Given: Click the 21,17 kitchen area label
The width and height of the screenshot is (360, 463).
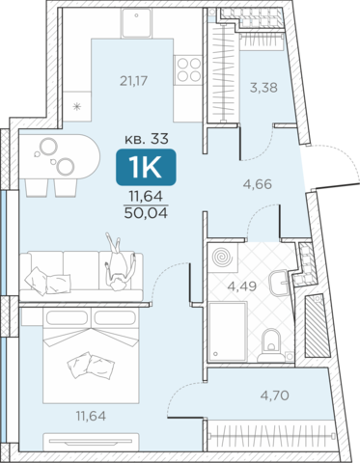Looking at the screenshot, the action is coord(133,81).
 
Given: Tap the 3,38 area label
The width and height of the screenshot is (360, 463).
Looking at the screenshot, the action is coord(263,88).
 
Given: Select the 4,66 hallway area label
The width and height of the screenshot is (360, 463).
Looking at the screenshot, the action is coord(258,184).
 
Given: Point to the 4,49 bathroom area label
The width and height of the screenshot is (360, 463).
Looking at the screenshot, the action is coord(242,286).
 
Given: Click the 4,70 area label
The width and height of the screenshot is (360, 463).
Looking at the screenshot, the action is coord(274,395).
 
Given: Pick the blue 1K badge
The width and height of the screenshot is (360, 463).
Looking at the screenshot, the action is coord(146,168).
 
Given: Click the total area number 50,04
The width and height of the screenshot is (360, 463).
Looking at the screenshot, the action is coord(146,213).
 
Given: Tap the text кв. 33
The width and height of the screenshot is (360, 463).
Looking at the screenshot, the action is coord(147,139).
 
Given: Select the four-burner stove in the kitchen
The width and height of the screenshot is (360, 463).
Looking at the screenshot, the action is coord(188,70).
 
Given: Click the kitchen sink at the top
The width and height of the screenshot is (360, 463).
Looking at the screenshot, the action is coord(136,22).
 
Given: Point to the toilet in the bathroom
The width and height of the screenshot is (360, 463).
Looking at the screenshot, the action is coord(271,345).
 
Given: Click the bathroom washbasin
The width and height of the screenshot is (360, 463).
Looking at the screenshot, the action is coord(280,283).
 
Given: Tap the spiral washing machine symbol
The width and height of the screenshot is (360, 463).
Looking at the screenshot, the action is coord(223,258).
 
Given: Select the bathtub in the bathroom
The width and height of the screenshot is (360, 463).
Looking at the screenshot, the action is coord(228,332).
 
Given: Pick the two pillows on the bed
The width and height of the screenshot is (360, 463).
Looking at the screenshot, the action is coord(91,366).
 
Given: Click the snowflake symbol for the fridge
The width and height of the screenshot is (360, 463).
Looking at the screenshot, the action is coord(77,106).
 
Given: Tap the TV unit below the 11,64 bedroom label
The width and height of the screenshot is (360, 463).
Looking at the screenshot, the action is coord(91,442).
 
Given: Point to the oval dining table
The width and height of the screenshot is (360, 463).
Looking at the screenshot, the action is coord(60,156).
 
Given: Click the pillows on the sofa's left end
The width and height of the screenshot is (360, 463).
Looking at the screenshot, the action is coord(47,281).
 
